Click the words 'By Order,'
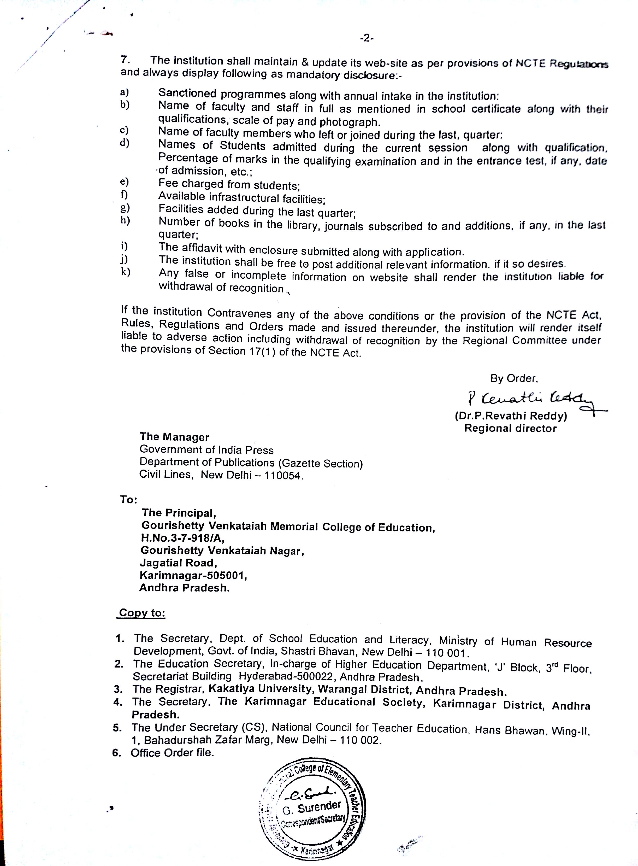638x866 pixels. tap(514, 378)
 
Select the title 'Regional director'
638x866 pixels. tap(510, 428)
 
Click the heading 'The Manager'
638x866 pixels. tap(174, 437)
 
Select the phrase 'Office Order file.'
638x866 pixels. tap(172, 752)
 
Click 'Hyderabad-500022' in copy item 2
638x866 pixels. tap(287, 676)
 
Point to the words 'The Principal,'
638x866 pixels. tap(178, 513)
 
